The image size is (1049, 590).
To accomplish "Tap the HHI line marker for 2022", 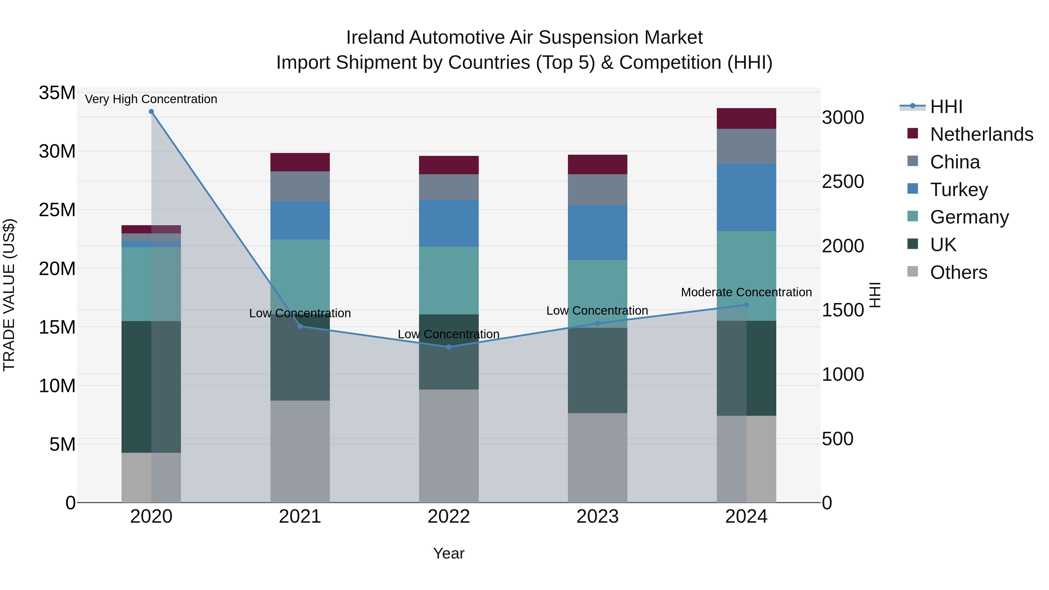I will click(449, 347).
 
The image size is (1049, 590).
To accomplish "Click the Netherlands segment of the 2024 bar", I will click(747, 119).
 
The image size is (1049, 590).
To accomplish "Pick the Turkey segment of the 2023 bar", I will click(597, 233).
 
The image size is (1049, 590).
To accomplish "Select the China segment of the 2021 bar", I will click(300, 186).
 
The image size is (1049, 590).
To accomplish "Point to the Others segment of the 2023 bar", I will click(597, 458).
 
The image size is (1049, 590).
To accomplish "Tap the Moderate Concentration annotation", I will click(747, 292).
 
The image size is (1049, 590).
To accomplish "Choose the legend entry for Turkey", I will click(959, 189).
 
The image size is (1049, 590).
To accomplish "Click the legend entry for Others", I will click(959, 272).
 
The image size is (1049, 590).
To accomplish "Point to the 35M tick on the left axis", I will click(57, 93).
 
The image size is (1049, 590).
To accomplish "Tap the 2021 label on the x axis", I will click(300, 517).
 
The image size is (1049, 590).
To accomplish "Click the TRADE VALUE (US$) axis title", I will click(9, 295).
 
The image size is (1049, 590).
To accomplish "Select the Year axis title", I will click(449, 553).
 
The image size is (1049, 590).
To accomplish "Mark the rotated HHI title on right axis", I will click(875, 295).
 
